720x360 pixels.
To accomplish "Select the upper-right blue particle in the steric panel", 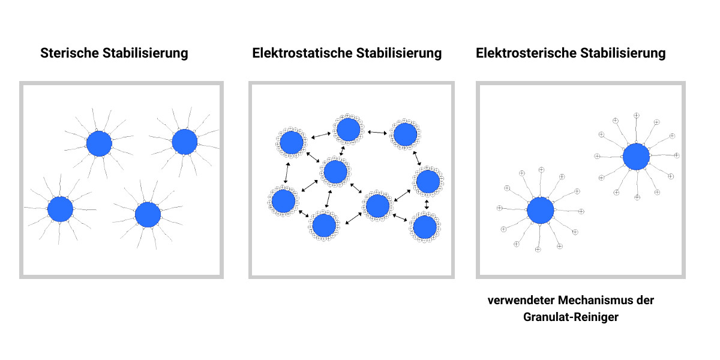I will (184, 142).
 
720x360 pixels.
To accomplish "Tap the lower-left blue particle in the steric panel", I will (60, 209).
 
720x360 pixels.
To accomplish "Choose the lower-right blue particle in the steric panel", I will (148, 215).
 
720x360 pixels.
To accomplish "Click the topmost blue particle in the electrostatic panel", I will (348, 129).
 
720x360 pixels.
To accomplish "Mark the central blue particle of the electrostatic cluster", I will (335, 172).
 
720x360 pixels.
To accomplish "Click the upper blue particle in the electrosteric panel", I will (636, 157).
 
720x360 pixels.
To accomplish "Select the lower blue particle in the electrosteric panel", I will (540, 211).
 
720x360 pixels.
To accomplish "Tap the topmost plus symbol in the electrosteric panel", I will (637, 115).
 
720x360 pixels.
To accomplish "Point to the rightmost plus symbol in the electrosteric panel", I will (677, 155).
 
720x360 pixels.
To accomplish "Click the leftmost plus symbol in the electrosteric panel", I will (499, 208).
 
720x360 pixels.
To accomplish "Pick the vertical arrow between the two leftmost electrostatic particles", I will (287, 173).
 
